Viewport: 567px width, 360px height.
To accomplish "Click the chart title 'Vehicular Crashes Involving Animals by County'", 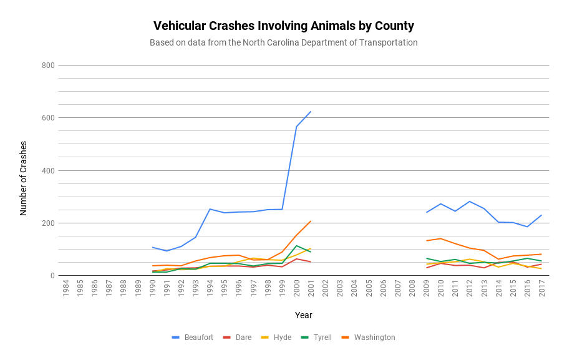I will pos(283,26).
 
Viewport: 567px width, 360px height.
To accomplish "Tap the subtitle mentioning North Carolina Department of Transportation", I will pos(283,42).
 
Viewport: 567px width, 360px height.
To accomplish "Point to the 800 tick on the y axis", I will pos(48,66).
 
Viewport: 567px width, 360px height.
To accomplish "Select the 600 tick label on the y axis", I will pos(48,118).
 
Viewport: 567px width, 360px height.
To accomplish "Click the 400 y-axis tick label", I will pos(48,170).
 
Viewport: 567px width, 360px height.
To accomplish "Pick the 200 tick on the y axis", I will pos(48,223).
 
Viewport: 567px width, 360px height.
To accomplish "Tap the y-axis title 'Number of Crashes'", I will pos(24,178).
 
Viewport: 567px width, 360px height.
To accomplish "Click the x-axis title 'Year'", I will pos(303,315).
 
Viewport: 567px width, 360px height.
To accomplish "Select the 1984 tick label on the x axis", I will pos(65,289).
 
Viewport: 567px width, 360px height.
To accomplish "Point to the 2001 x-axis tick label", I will pos(311,289).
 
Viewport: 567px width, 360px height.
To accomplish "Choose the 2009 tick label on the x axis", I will pos(427,289).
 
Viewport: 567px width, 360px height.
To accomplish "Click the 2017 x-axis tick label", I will pos(542,289).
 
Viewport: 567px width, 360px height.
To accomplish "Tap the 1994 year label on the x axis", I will pos(210,289).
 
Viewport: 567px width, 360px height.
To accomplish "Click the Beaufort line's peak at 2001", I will pos(311,112).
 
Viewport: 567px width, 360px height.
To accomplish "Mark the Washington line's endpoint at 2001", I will pos(311,221).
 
